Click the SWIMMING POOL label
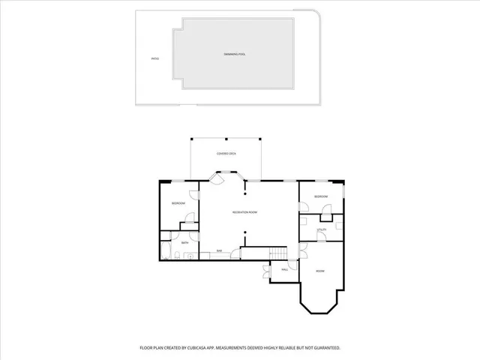[235, 55]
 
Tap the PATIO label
[154, 58]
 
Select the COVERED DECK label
[226, 153]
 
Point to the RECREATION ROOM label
[244, 213]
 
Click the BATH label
[184, 243]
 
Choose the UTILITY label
[321, 229]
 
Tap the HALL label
[285, 269]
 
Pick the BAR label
[220, 250]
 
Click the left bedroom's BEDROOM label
[178, 204]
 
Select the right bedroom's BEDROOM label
[321, 196]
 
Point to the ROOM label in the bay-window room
[319, 271]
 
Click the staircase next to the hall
[279, 253]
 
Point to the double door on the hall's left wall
[268, 272]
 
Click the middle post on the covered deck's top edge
[226, 138]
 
